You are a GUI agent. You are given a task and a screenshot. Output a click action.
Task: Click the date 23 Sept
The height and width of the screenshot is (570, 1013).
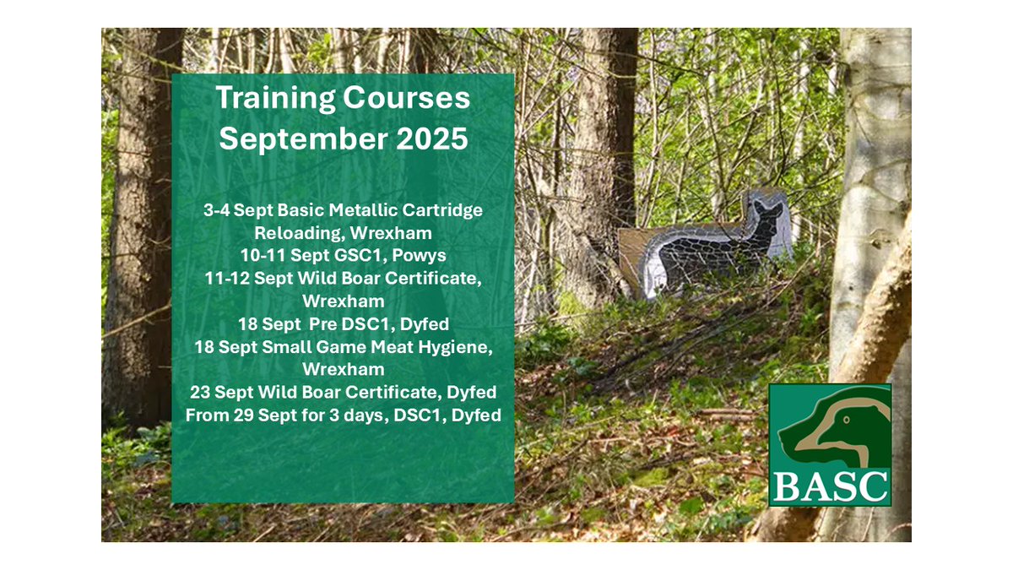pyautogui.click(x=223, y=393)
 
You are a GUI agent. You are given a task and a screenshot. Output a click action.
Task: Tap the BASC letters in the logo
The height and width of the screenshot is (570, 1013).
pyautogui.click(x=831, y=486)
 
